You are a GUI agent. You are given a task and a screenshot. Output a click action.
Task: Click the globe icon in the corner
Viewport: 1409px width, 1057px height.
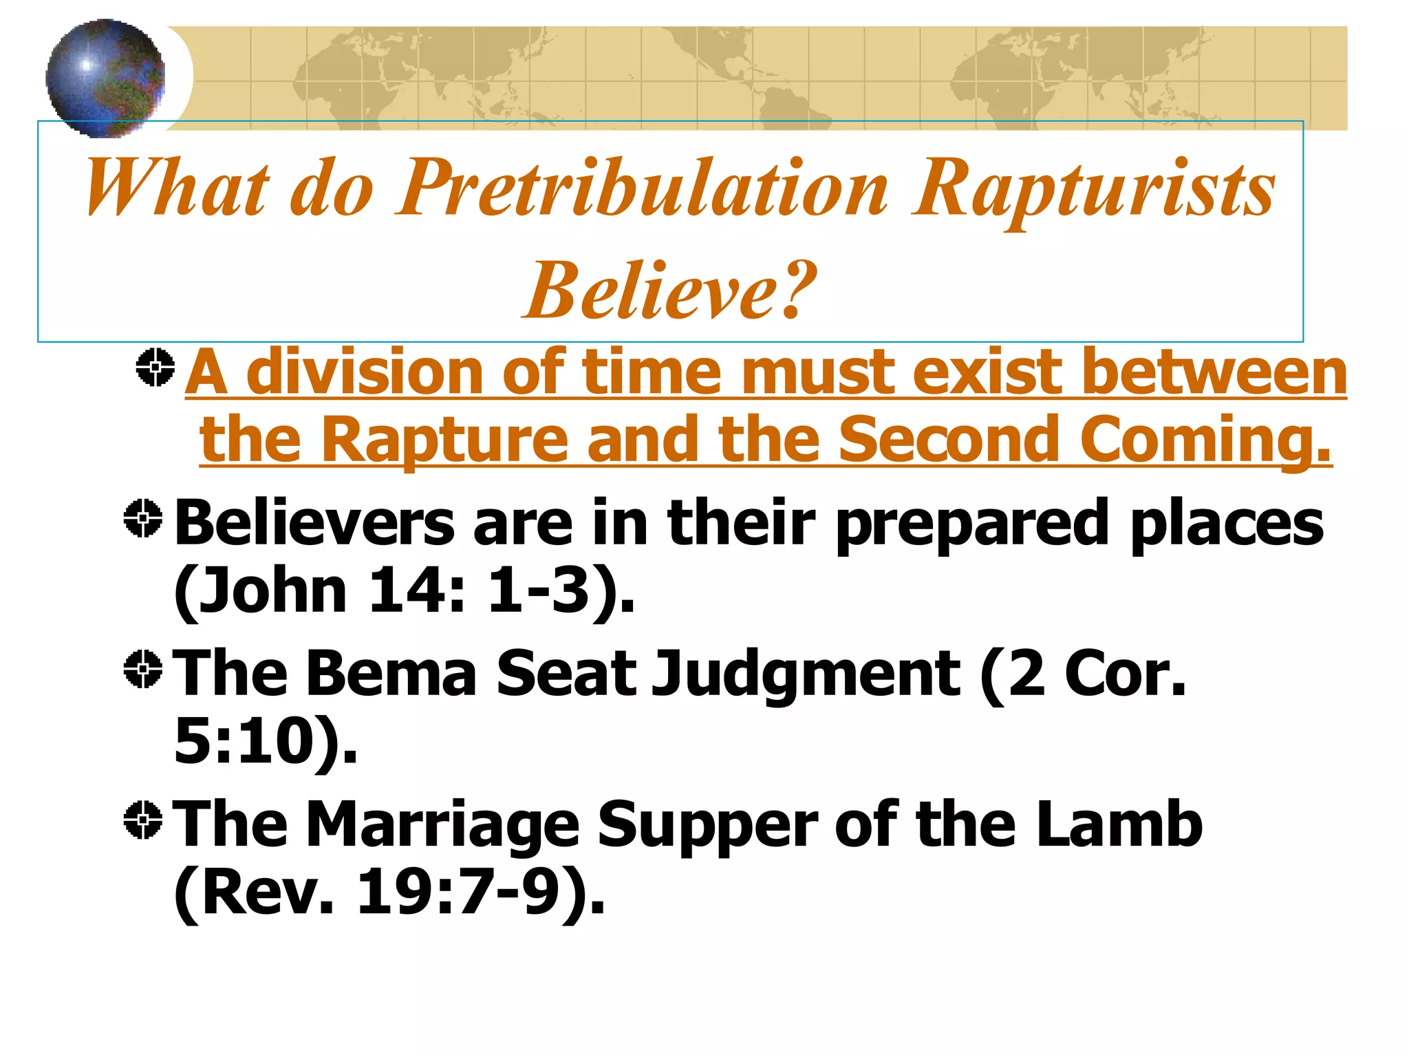(x=105, y=77)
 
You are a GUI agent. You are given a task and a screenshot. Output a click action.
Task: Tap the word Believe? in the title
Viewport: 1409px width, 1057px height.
(x=670, y=290)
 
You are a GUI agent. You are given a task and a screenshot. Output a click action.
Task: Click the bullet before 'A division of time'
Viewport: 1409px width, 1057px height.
(x=155, y=367)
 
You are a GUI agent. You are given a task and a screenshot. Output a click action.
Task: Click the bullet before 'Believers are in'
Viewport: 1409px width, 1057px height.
(x=143, y=518)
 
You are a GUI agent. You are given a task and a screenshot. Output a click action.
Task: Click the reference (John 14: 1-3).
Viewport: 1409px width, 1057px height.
(x=404, y=590)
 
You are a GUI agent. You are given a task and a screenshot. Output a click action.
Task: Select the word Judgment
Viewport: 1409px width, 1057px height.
(x=805, y=673)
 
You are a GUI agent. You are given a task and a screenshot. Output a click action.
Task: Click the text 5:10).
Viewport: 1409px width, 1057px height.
(x=266, y=741)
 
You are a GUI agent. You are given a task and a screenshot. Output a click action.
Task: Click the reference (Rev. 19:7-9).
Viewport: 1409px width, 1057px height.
(x=389, y=893)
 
